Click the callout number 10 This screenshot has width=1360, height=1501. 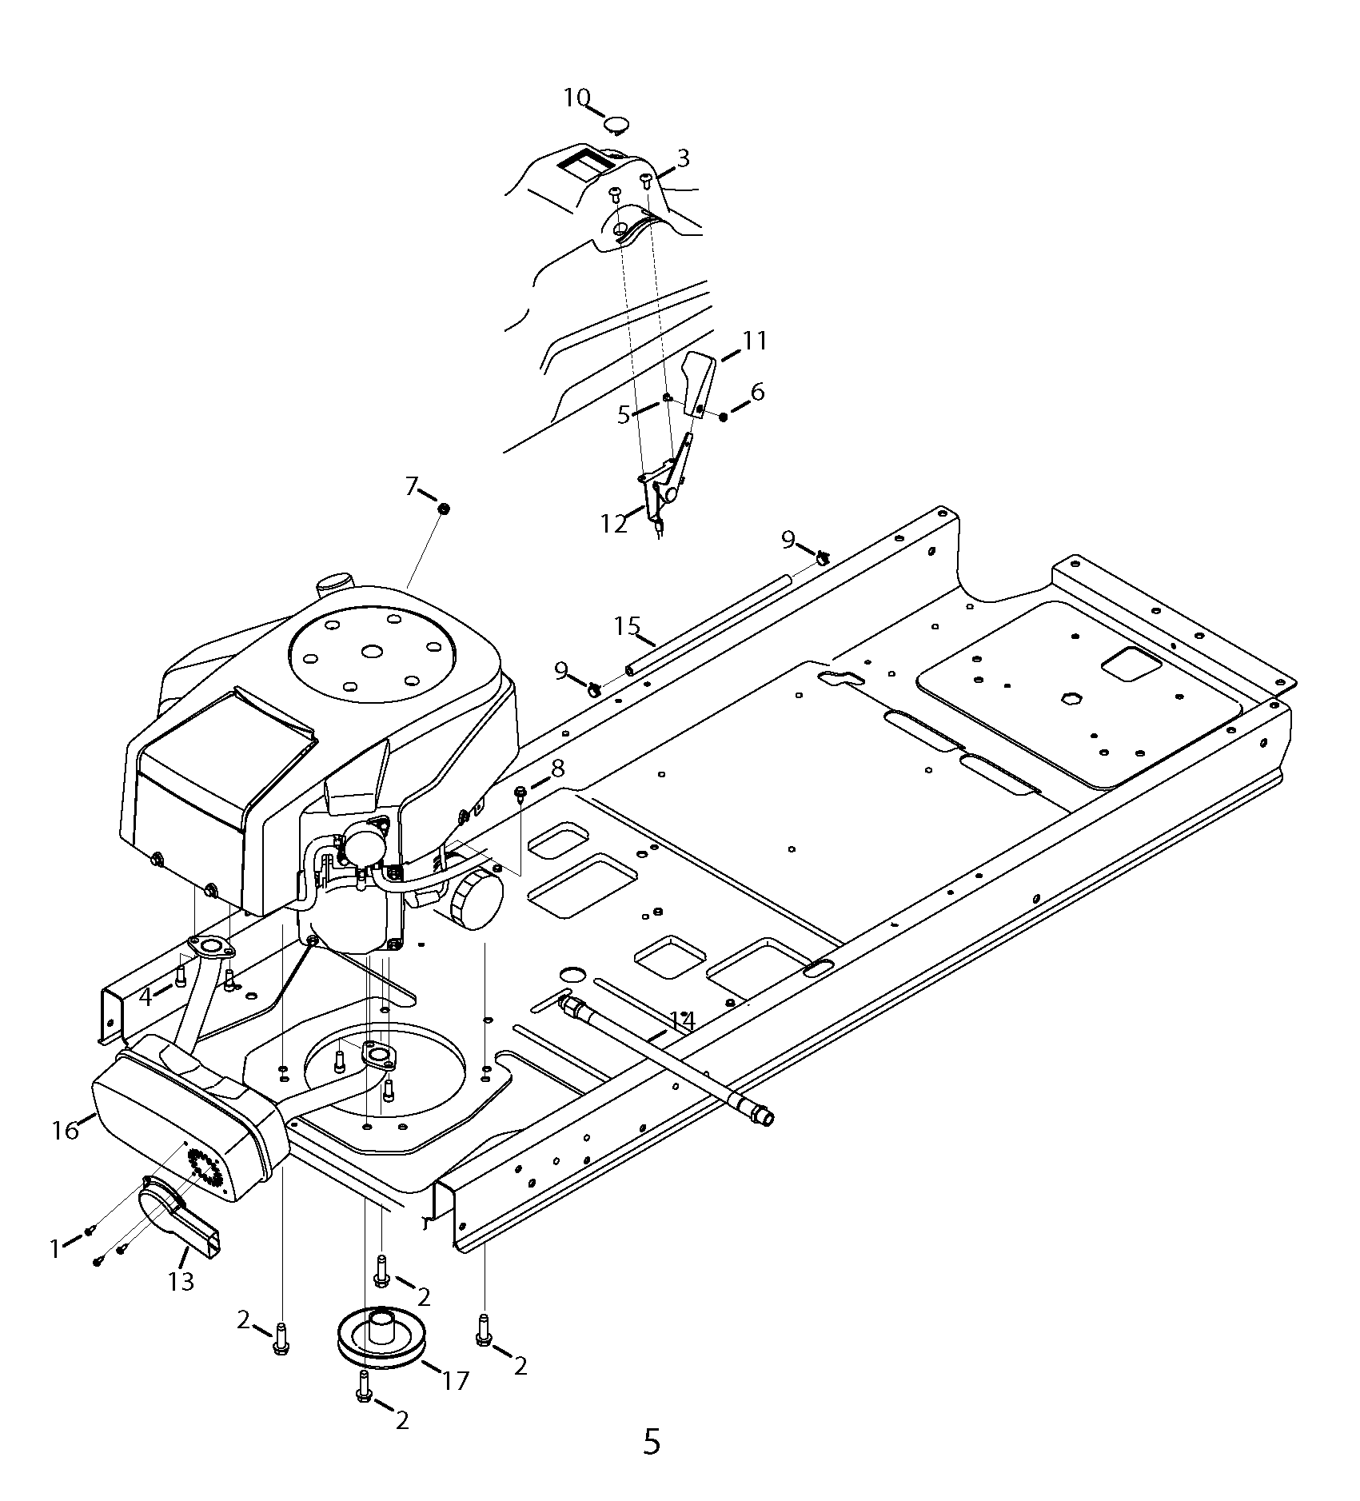[x=576, y=98]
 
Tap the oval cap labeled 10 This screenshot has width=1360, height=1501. [x=616, y=124]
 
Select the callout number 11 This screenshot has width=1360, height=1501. [x=755, y=341]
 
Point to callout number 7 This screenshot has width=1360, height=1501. [x=412, y=485]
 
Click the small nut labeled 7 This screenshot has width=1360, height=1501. [x=444, y=509]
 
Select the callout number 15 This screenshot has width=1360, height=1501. [x=628, y=625]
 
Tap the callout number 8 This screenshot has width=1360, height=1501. [x=557, y=768]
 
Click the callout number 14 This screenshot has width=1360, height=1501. [x=682, y=1021]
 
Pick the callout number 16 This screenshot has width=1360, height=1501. [x=66, y=1130]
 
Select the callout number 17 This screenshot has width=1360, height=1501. [x=456, y=1380]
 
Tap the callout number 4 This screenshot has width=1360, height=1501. [x=146, y=997]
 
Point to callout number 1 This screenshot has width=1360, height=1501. [x=55, y=1248]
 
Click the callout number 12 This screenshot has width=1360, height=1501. [x=614, y=524]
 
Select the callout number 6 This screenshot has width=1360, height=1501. [x=756, y=392]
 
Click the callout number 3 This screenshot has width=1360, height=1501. [x=682, y=158]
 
